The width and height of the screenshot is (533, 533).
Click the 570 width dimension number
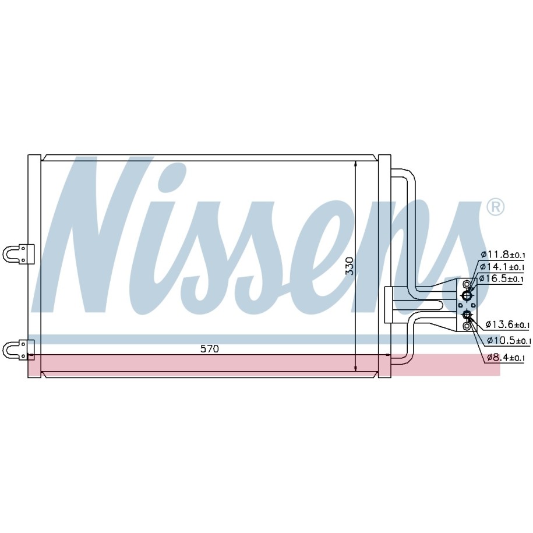(209, 349)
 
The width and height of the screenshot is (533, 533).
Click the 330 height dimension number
(350, 266)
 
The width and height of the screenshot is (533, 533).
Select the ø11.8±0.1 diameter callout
(503, 254)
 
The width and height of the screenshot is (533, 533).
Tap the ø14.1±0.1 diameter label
(502, 267)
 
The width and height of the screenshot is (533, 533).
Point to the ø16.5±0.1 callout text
(501, 279)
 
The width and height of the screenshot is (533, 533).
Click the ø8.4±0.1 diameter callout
(506, 357)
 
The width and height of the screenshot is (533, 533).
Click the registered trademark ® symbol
(495, 207)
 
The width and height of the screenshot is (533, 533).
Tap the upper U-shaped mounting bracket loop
(10, 254)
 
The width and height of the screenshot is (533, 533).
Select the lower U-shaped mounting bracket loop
(10, 350)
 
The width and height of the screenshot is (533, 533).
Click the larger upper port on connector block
(467, 295)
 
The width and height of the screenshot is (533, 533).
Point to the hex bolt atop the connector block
(467, 284)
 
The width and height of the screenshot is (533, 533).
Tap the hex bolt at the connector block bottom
(467, 326)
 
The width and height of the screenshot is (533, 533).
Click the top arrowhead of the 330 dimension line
(355, 164)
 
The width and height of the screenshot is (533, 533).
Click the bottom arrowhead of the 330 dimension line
(355, 368)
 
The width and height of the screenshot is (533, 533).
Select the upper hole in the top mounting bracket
(23, 249)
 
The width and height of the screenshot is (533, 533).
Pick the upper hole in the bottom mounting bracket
(23, 344)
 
